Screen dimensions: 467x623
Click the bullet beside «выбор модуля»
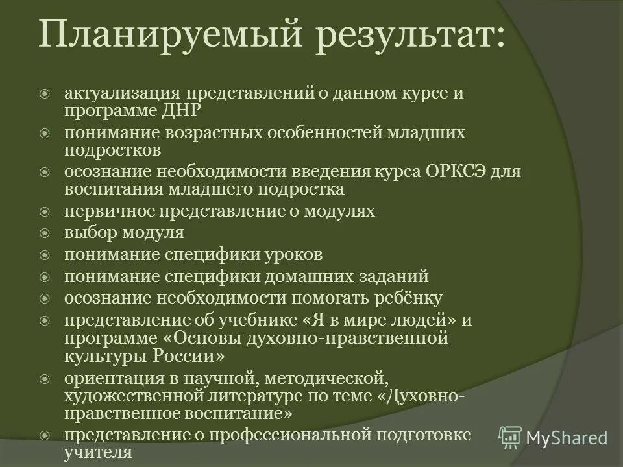(x=45, y=233)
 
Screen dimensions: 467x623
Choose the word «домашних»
(x=304, y=276)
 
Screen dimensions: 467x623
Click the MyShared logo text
(x=567, y=438)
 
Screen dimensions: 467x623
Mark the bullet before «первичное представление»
(x=45, y=211)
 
